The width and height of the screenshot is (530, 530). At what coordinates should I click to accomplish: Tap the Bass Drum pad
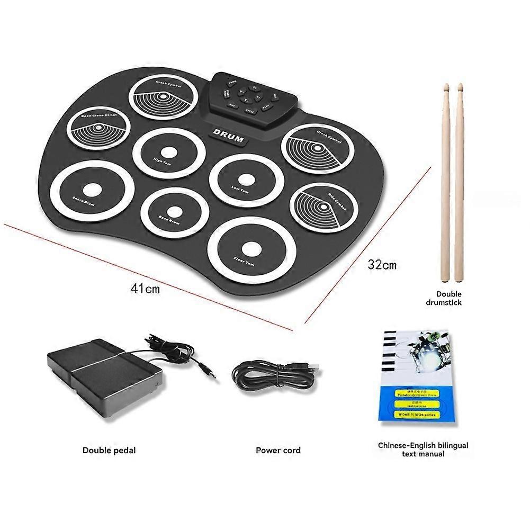174,212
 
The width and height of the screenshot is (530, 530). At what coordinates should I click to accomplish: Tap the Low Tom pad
243,181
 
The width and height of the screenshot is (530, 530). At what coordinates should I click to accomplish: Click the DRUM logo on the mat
228,135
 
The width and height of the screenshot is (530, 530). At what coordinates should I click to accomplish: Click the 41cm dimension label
145,289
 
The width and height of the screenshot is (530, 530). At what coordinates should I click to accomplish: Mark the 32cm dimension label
382,264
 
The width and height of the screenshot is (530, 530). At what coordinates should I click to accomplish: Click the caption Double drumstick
448,298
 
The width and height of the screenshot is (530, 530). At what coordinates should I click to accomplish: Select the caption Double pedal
109,450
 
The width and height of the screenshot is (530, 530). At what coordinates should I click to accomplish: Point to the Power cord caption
278,450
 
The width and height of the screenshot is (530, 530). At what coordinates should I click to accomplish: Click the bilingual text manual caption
423,450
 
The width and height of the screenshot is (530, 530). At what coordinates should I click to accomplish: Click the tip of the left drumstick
446,86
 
